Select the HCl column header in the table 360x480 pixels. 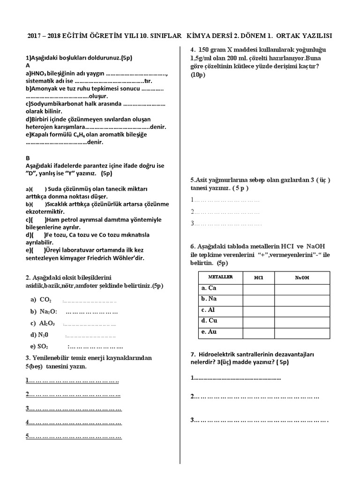[258, 277]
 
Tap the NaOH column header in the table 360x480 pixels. [302, 277]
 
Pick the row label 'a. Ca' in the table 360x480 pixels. [209, 288]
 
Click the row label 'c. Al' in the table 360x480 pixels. [208, 310]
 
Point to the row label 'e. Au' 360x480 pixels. [209, 332]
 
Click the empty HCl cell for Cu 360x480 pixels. [258, 321]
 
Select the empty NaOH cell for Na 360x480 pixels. [302, 299]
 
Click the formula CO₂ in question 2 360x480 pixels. [45, 300]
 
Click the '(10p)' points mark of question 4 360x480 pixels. [198, 75]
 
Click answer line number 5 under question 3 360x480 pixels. [74, 436]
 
